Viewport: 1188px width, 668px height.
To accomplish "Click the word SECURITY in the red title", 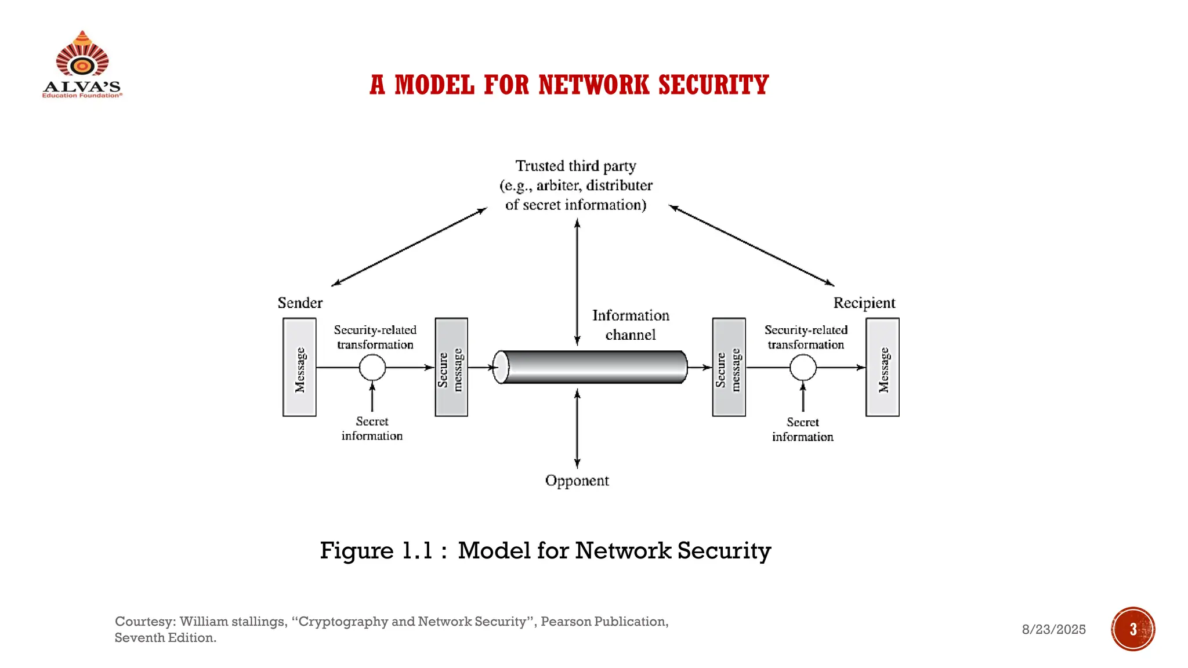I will (713, 85).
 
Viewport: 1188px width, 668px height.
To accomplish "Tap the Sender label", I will (300, 303).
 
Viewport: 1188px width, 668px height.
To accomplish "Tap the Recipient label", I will (864, 303).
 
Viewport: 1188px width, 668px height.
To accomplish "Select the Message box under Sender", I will (299, 367).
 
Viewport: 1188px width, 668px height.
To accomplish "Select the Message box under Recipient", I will (882, 367).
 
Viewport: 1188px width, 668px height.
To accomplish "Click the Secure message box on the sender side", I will (451, 367).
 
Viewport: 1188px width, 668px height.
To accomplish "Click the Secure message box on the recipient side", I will (729, 367).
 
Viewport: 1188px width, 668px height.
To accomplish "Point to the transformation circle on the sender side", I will (372, 367).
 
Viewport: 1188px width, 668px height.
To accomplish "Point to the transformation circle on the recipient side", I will (803, 367).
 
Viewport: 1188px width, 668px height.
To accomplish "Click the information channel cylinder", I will (591, 367).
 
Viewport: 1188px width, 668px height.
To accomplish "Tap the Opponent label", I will (577, 481).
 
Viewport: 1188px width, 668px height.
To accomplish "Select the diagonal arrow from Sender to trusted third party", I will (409, 247).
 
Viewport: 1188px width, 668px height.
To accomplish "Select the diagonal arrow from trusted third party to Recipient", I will (751, 246).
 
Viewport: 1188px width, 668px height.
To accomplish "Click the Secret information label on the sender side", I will (372, 429).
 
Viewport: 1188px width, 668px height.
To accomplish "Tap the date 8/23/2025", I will (1053, 629).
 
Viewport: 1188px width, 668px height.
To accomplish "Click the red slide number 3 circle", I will (1133, 629).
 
